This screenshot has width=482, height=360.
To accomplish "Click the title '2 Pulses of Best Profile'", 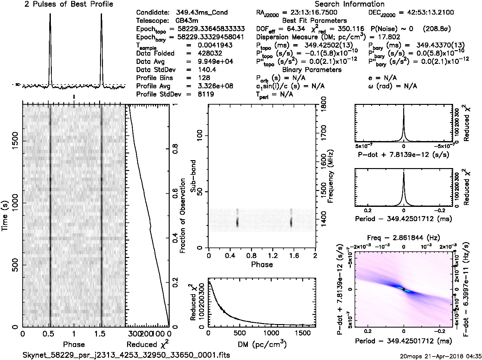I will (69, 4).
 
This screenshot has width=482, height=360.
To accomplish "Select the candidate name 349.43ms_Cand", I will (202, 13).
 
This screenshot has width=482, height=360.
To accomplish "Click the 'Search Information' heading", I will (349, 4).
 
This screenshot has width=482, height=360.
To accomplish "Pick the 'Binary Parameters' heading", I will (312, 70).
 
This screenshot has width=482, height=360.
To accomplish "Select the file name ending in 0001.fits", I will (126, 355).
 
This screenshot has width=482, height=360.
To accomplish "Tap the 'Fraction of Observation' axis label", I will (183, 216).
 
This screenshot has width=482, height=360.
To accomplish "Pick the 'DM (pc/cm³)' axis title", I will (262, 344).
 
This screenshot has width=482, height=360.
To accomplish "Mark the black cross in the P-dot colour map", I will (404, 289).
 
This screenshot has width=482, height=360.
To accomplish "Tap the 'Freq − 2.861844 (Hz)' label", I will (404, 238).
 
